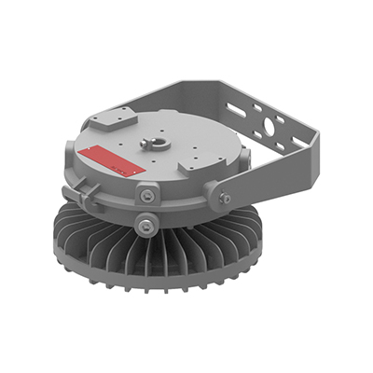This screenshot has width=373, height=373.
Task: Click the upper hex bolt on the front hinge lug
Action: click(146, 195)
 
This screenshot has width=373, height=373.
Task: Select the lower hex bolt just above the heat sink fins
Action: click(145, 222)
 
